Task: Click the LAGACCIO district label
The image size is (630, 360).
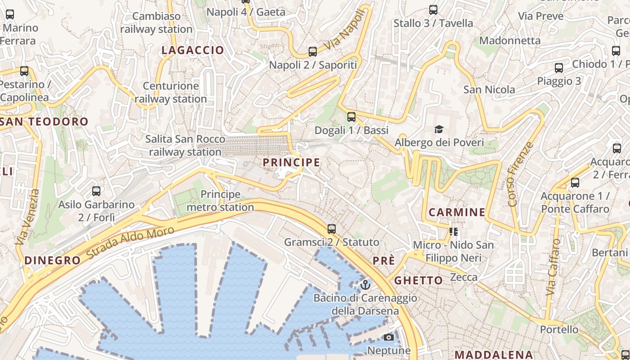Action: (x=193, y=50)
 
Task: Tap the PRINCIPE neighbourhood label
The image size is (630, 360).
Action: (x=292, y=162)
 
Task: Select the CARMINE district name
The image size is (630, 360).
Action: (x=457, y=212)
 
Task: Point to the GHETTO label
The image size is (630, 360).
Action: (x=418, y=280)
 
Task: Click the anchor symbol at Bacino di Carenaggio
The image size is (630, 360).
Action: (x=365, y=285)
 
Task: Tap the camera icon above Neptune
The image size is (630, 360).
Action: (x=389, y=337)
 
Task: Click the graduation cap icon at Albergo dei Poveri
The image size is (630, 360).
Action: (x=439, y=130)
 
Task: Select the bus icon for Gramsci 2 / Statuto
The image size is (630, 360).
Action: (x=332, y=229)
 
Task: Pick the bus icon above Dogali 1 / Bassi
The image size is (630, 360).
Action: (x=351, y=117)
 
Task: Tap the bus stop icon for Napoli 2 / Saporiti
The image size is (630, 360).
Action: (x=313, y=52)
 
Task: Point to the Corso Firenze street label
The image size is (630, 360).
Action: (x=520, y=174)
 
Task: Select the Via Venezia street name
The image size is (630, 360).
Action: (x=27, y=217)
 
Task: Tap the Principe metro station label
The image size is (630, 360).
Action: (x=220, y=201)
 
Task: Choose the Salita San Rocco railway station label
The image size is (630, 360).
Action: (x=185, y=145)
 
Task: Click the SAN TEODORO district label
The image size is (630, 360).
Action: (x=45, y=121)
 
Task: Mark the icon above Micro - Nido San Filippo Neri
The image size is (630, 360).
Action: (x=454, y=232)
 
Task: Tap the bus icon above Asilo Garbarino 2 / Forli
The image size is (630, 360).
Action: (x=96, y=191)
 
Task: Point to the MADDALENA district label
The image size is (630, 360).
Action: (x=493, y=355)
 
